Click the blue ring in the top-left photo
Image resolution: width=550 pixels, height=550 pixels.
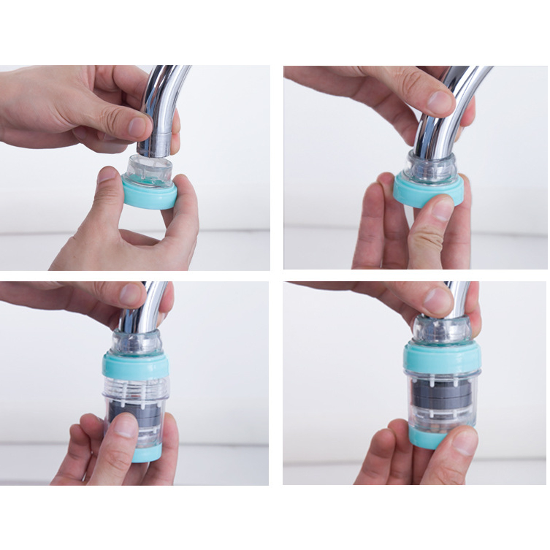149,195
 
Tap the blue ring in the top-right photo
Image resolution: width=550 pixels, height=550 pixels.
428,191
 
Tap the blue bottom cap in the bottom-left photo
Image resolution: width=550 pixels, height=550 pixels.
146,454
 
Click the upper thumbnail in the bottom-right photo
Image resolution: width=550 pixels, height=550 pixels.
439,299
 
